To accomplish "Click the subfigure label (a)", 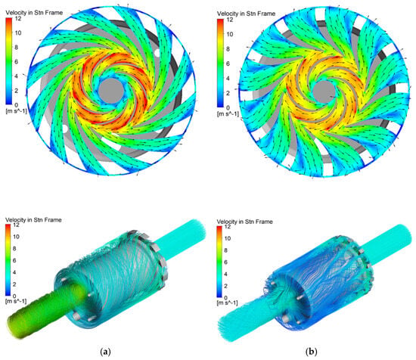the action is click(x=106, y=352).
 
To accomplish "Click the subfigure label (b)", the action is click(x=311, y=352).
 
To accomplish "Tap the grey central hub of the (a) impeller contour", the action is click(x=111, y=92).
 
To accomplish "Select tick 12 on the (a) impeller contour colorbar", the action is click(x=17, y=19).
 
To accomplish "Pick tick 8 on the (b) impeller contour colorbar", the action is click(x=228, y=49).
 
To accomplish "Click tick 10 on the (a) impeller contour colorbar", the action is click(x=17, y=33).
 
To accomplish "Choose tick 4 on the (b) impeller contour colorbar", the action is click(x=228, y=79).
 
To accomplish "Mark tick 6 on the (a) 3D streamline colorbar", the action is click(x=14, y=260).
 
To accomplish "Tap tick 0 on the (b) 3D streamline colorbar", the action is click(x=226, y=298).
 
